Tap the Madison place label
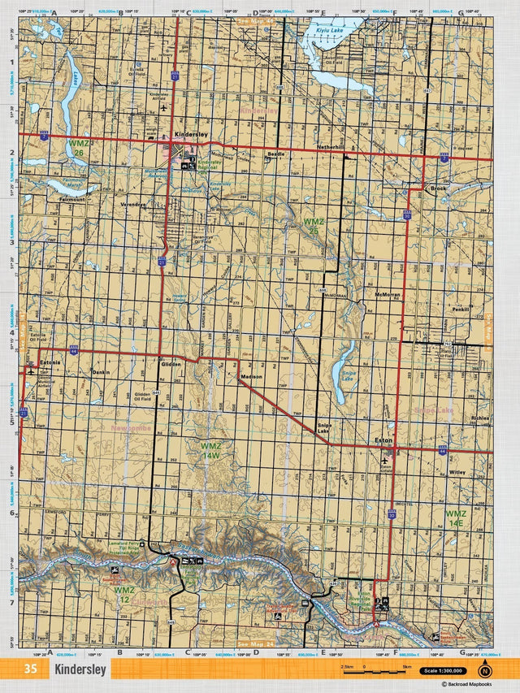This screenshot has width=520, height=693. tap(252, 376)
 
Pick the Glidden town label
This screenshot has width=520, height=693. tap(171, 364)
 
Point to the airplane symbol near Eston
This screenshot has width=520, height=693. tap(384, 461)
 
